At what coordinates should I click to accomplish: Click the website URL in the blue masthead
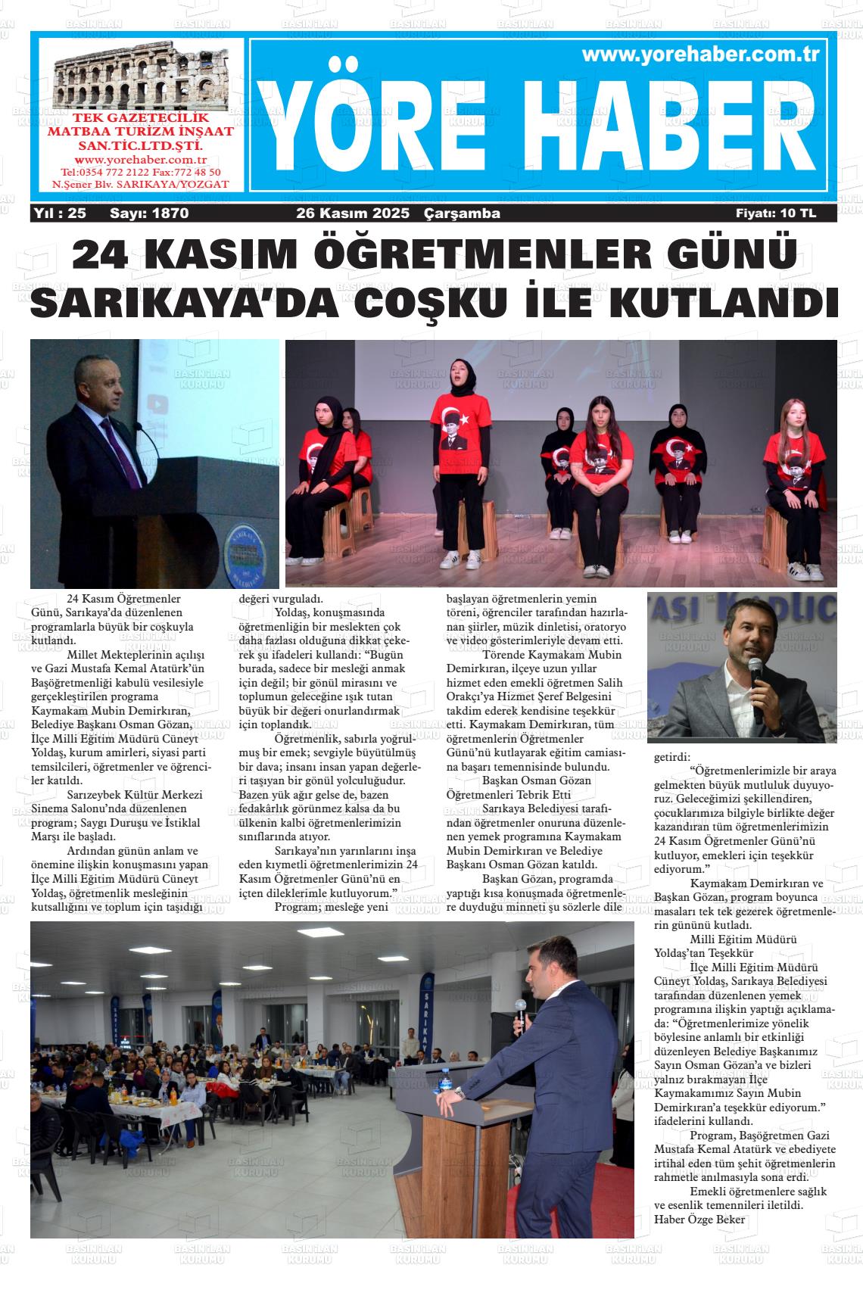[702, 55]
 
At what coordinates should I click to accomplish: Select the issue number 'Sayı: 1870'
[149, 213]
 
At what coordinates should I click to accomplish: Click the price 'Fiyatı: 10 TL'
[776, 213]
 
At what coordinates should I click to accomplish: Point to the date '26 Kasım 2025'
[353, 213]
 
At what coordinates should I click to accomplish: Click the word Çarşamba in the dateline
[463, 213]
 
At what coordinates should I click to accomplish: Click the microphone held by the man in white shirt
[755, 686]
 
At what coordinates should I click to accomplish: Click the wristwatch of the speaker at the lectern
[459, 1094]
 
